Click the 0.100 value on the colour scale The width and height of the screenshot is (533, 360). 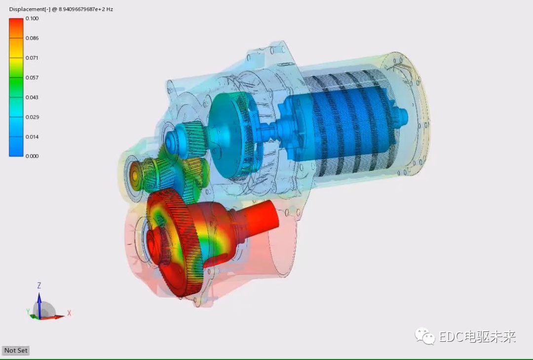click(x=32, y=18)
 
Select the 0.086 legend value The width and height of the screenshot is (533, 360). click(x=32, y=38)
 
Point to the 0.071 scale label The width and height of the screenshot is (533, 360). click(x=32, y=58)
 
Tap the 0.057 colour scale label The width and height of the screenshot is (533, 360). click(x=32, y=77)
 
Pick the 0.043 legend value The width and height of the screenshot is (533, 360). click(x=32, y=97)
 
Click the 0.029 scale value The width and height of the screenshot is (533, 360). click(x=32, y=117)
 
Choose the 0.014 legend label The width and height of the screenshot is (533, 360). click(x=32, y=137)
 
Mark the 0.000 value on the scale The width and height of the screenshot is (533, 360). click(x=32, y=156)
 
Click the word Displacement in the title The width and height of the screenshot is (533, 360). click(x=27, y=9)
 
